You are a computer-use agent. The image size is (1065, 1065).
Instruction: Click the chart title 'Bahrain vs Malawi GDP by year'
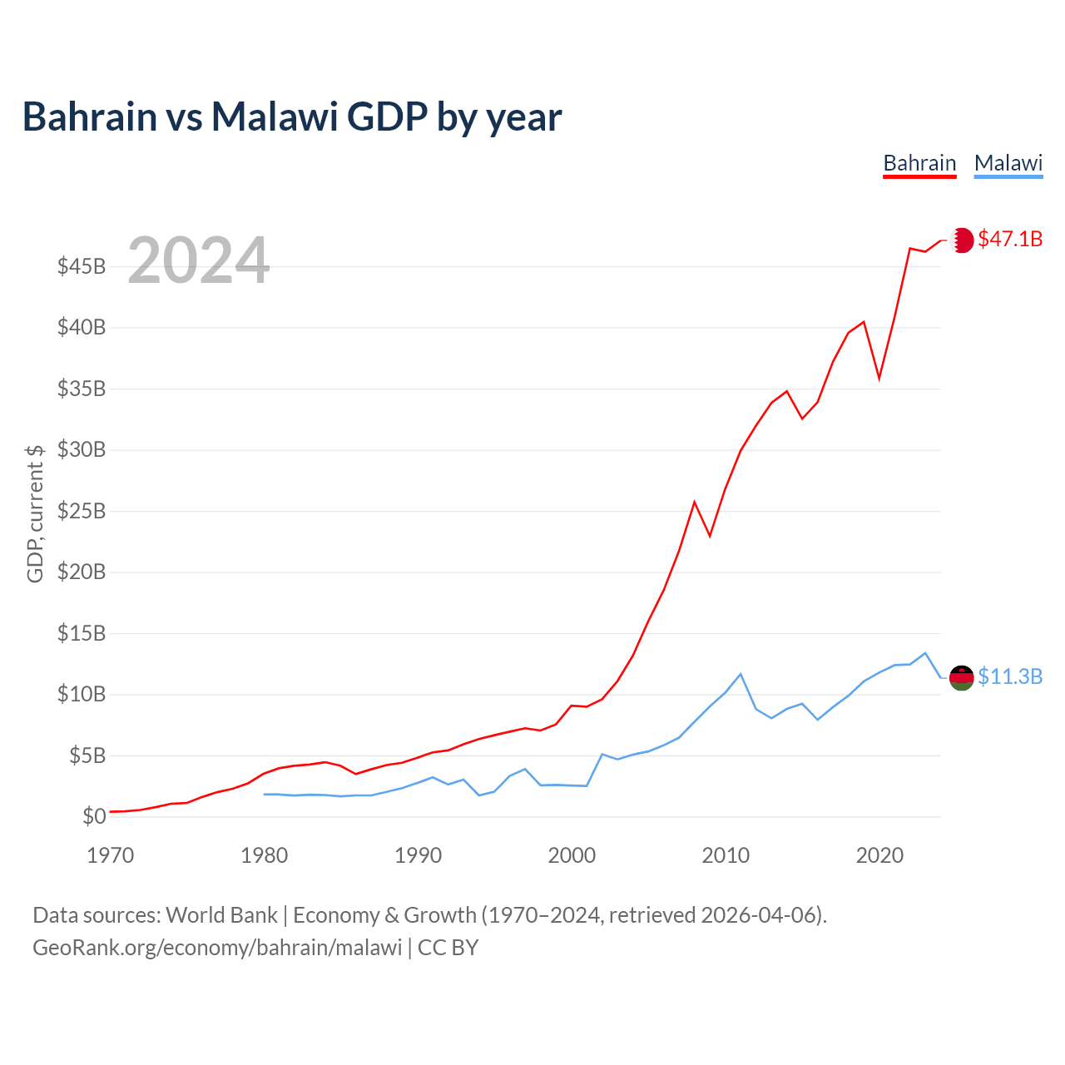[292, 116]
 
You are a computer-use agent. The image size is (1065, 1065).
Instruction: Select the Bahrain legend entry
[919, 163]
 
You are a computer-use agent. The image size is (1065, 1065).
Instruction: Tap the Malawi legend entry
[1008, 163]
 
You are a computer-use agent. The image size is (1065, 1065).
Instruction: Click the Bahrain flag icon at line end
[962, 240]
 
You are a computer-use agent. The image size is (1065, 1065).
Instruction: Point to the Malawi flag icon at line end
[962, 677]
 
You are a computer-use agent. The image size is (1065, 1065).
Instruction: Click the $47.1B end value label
[1010, 240]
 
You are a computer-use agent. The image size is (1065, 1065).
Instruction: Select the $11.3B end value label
[1010, 676]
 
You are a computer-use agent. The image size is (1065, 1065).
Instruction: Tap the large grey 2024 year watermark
[198, 260]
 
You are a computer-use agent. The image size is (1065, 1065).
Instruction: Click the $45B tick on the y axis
[82, 266]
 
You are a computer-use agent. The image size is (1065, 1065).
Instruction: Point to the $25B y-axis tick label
[82, 511]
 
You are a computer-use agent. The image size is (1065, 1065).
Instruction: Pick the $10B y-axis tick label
[82, 694]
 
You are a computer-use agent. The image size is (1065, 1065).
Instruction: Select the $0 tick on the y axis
[94, 816]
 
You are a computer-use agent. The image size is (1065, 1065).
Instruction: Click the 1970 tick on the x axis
[111, 855]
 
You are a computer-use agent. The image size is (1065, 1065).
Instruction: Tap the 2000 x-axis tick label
[572, 855]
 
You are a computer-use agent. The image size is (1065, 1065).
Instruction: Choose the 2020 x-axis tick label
[879, 855]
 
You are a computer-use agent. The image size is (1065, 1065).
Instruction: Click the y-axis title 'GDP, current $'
[35, 513]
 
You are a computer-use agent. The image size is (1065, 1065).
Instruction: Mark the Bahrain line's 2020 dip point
[879, 379]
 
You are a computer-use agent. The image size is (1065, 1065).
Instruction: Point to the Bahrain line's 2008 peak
[694, 502]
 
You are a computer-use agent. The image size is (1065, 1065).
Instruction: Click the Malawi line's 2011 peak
[741, 674]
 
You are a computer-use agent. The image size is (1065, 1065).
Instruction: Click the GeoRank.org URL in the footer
[217, 948]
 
